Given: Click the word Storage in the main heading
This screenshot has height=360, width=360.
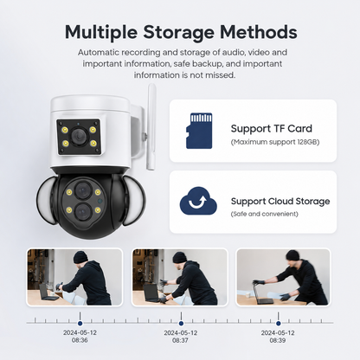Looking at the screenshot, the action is (x=178, y=32).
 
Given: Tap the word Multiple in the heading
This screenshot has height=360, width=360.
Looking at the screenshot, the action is (x=101, y=32).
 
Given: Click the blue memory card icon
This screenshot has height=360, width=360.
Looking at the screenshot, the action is (x=199, y=131).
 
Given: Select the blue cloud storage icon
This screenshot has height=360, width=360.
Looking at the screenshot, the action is (x=198, y=201).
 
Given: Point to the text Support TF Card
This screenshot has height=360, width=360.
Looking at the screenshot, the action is (x=272, y=128).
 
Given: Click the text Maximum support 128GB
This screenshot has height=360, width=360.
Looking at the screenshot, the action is (x=275, y=142).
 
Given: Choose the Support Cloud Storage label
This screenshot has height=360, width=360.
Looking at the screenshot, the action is (x=280, y=201).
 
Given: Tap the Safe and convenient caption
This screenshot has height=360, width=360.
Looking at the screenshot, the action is (x=265, y=214).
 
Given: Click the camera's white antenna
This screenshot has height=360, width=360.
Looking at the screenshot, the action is (x=151, y=127).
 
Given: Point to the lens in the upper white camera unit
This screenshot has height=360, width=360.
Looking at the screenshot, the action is (x=78, y=135).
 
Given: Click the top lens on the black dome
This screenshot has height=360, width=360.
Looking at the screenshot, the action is (x=83, y=190).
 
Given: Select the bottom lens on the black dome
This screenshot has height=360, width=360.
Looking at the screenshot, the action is (x=83, y=211).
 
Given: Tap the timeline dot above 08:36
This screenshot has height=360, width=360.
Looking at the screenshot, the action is (x=80, y=324).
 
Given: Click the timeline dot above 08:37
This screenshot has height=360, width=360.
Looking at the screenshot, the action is (x=181, y=324).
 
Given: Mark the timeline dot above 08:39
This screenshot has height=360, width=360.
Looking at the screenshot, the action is (x=278, y=324).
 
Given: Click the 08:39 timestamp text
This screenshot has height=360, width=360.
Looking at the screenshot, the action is (x=278, y=340).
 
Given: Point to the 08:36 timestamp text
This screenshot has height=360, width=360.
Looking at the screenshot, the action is (x=80, y=340).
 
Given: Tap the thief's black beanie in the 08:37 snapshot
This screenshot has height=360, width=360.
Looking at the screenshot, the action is (x=181, y=258).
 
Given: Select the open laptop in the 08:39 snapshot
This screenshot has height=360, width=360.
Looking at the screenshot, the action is (x=262, y=292).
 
